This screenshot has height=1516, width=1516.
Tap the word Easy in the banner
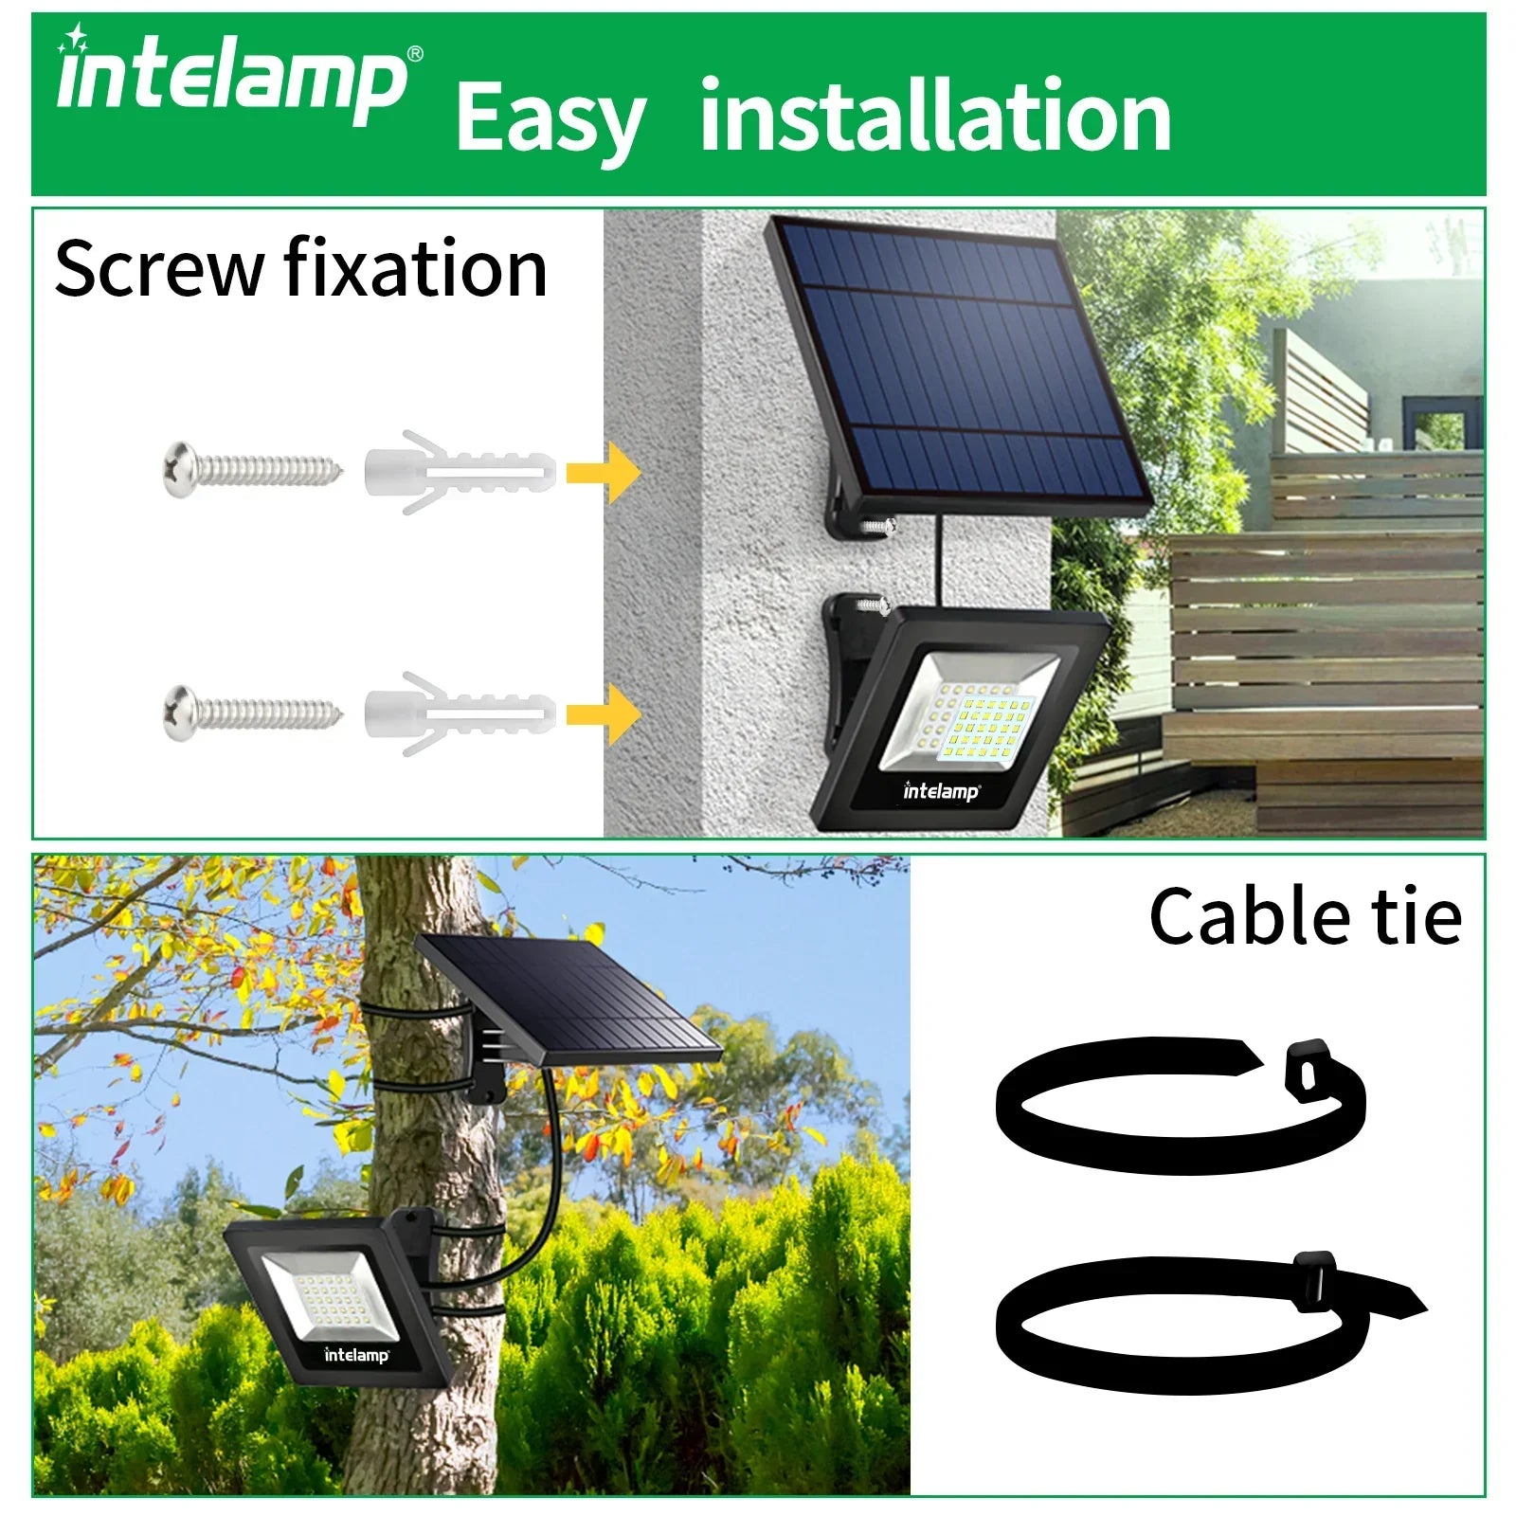tap(550, 118)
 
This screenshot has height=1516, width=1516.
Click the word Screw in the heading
tap(158, 269)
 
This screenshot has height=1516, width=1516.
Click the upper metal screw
tap(251, 467)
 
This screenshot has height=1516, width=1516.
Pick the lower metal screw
tap(251, 709)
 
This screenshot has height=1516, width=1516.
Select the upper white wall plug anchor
tap(459, 472)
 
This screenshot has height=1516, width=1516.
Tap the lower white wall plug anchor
tap(459, 713)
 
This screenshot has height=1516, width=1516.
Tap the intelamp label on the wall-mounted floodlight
tap(941, 790)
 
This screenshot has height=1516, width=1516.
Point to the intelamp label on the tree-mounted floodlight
tap(356, 1354)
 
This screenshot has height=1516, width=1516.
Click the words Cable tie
tap(1305, 916)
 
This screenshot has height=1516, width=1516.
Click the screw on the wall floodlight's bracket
tap(870, 603)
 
